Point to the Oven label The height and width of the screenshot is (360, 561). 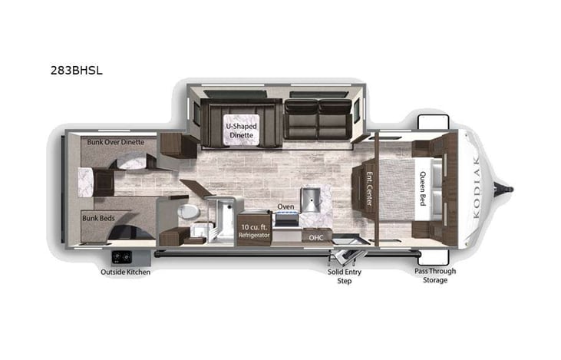(x=285, y=206)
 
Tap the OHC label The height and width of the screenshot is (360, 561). (x=316, y=237)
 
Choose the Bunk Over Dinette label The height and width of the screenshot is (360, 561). (x=115, y=142)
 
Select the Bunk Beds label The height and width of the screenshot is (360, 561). (x=98, y=218)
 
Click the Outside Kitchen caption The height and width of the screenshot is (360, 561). (x=126, y=271)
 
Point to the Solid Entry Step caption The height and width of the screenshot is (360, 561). (x=345, y=276)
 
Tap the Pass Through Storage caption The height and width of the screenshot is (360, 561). (x=435, y=276)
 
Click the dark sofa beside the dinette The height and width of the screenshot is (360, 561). (x=317, y=120)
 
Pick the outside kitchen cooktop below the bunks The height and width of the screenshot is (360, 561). (x=121, y=256)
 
